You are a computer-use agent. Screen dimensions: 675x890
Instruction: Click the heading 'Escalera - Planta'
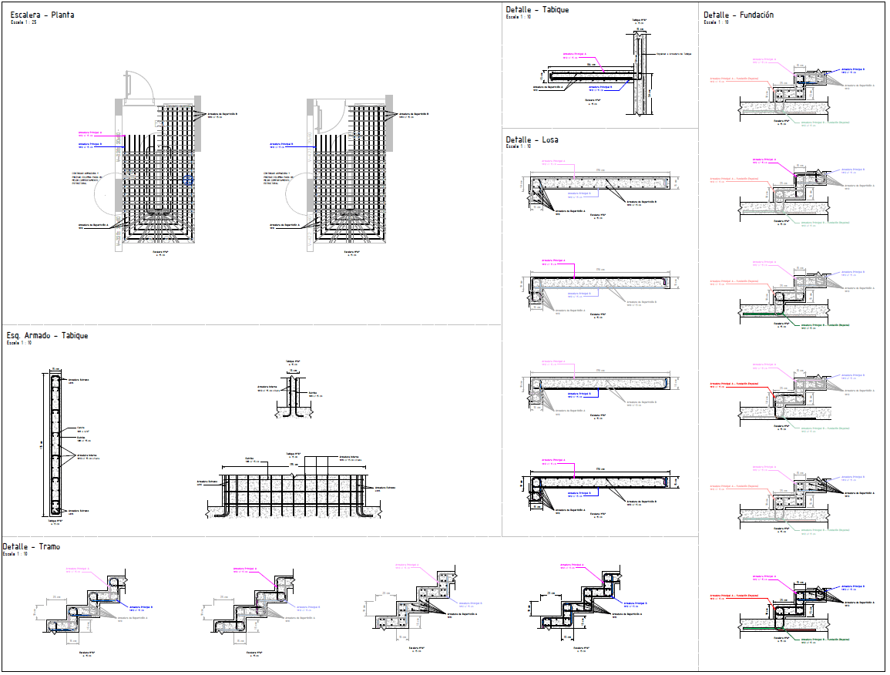[42, 15]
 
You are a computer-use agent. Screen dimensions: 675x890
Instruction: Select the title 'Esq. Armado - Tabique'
[47, 335]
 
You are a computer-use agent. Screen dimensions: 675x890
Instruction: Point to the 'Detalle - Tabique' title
[537, 9]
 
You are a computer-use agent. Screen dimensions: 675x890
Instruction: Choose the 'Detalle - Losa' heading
[532, 139]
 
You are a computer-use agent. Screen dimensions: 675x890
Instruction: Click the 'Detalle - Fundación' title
[738, 15]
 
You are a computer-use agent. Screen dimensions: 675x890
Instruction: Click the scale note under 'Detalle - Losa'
[519, 146]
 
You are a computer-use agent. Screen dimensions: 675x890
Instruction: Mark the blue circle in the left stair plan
[190, 180]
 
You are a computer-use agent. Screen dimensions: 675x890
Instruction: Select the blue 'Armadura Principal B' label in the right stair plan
[282, 144]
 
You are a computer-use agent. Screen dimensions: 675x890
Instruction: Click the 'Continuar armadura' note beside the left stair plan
[86, 178]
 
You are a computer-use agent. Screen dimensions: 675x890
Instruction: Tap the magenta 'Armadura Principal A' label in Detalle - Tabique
[575, 55]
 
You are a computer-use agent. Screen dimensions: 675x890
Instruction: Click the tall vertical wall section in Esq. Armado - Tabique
[55, 443]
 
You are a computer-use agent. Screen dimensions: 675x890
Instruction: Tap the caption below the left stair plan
[160, 253]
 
